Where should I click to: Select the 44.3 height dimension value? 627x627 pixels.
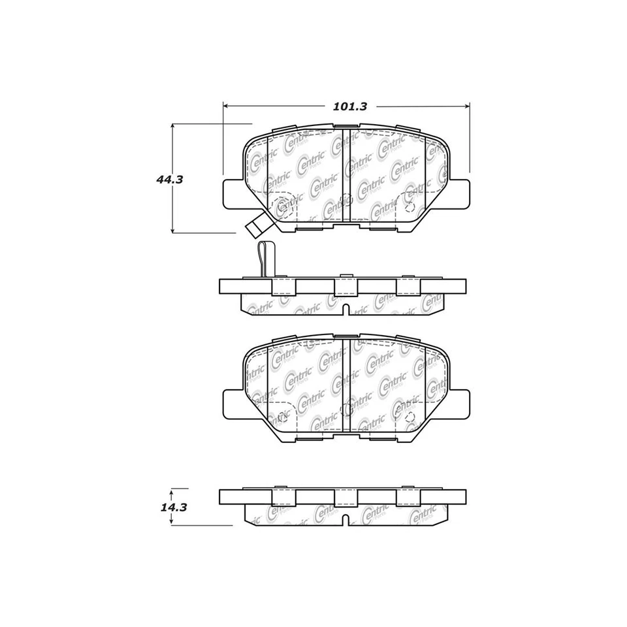[x=169, y=180]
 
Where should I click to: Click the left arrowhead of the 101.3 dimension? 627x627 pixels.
[x=226, y=105]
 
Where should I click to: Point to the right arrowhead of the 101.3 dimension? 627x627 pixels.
[x=467, y=105]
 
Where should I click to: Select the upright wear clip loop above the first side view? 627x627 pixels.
[x=265, y=257]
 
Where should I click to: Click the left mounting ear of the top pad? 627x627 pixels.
[x=233, y=193]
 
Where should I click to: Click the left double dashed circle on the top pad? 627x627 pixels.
[x=282, y=206]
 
